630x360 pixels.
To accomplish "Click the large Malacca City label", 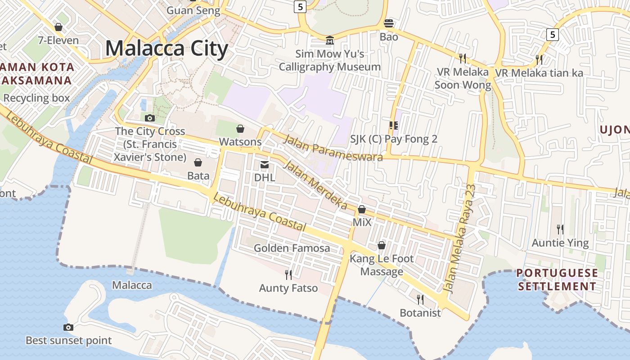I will [166, 49].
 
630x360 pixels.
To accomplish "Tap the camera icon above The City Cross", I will [150, 118].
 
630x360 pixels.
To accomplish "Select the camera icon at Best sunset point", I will [68, 327].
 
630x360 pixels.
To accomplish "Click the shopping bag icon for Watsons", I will [240, 129].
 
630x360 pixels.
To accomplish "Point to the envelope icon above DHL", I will [264, 165].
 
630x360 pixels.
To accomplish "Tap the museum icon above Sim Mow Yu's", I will [330, 41].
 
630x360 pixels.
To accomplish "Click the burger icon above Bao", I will [388, 23].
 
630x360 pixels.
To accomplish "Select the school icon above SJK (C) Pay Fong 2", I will [394, 126].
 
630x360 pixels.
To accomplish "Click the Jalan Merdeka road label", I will [315, 184].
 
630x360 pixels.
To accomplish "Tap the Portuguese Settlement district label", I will [557, 279].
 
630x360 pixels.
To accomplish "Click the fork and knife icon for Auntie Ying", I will [560, 229].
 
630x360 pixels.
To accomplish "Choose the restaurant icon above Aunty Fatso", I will [288, 274].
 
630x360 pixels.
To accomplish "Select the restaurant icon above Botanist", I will [420, 299].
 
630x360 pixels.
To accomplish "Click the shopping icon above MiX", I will [362, 209].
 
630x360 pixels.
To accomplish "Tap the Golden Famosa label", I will [292, 248].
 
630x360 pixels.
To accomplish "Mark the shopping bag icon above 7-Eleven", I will [58, 27].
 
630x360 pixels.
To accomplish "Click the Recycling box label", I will [36, 98].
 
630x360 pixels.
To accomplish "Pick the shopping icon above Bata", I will [198, 162].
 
